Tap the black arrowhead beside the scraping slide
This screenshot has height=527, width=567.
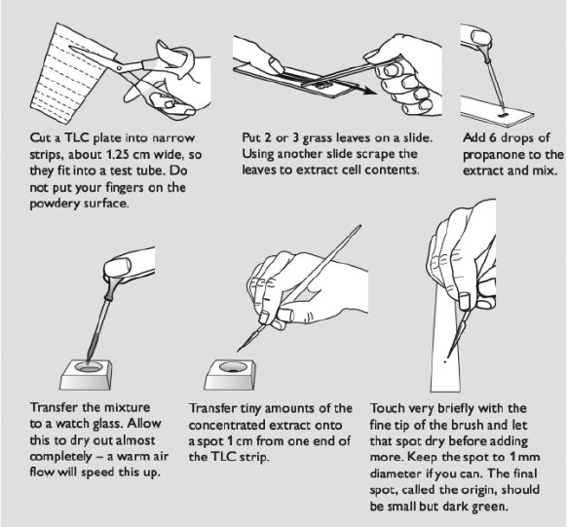point(369,90)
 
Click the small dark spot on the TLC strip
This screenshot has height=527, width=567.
point(445,361)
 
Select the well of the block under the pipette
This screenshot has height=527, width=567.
point(88,367)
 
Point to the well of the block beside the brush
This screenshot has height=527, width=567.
point(234,367)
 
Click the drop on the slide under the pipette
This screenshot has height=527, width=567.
point(504,115)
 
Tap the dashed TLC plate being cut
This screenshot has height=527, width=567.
point(69,72)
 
